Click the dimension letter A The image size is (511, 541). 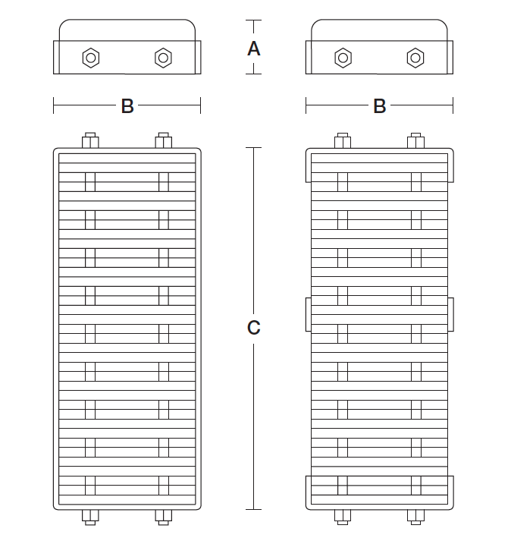point(254,49)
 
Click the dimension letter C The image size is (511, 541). point(254,328)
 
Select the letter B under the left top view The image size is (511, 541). point(127,106)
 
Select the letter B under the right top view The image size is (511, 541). point(380,106)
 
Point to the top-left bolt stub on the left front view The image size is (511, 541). point(90,140)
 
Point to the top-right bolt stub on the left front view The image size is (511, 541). point(164,140)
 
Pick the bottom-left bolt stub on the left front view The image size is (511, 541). point(90,517)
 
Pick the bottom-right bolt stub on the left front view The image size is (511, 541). point(164,517)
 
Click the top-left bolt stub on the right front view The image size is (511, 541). point(343,140)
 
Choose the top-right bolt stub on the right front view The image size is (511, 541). point(415,140)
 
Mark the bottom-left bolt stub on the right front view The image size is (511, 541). point(343,517)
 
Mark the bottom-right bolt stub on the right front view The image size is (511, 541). point(415,517)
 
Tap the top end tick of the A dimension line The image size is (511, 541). point(254,20)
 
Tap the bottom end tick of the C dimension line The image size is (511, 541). point(254,509)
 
